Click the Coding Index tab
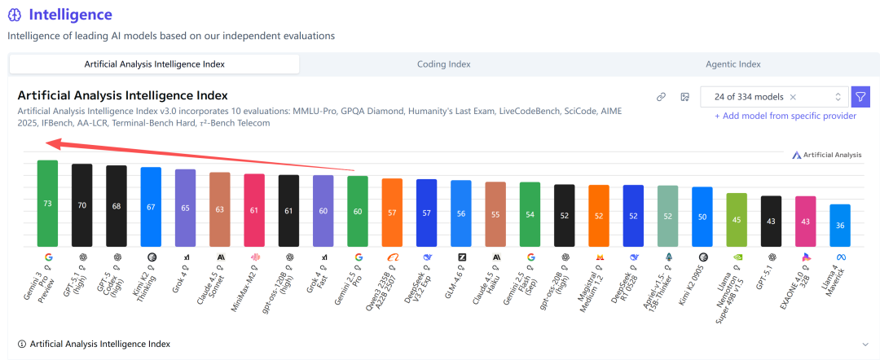point(443,64)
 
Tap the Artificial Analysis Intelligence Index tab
point(155,64)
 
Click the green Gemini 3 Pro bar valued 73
point(47,203)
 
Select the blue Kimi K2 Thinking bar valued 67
point(151,207)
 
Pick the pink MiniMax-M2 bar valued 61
point(254,210)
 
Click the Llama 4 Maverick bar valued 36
point(840,225)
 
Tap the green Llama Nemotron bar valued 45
point(737,219)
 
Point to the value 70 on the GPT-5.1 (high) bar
point(82,205)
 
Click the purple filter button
point(860,97)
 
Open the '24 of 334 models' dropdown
point(774,97)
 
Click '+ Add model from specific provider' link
point(785,116)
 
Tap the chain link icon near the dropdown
point(662,97)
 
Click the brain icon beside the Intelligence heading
point(15,15)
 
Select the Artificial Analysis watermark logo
point(826,155)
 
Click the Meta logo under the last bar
point(840,257)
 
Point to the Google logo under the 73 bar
point(48,257)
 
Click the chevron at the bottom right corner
point(865,345)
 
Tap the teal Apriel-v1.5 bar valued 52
point(668,216)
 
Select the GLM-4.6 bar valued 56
point(461,213)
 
